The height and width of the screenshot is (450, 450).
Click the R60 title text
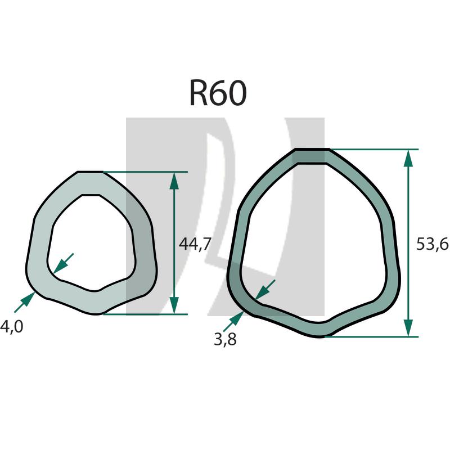pyautogui.click(x=218, y=93)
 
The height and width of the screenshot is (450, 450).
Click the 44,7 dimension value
pyautogui.click(x=195, y=244)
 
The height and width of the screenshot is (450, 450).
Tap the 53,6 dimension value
pyautogui.click(x=432, y=245)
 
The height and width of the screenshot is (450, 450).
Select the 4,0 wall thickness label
pyautogui.click(x=11, y=327)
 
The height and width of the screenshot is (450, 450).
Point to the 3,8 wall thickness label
pyautogui.click(x=225, y=340)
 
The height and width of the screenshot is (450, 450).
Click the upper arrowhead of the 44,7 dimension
pyautogui.click(x=174, y=181)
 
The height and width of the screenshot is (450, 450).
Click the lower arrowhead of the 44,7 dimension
pyautogui.click(x=174, y=305)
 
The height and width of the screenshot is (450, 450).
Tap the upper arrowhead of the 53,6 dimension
pyautogui.click(x=408, y=159)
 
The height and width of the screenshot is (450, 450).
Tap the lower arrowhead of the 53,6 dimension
pyautogui.click(x=408, y=327)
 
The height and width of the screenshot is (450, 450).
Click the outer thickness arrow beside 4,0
pyautogui.click(x=25, y=302)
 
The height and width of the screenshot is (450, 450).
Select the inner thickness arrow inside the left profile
pyautogui.click(x=64, y=263)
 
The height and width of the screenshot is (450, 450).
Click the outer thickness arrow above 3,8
pyautogui.click(x=233, y=321)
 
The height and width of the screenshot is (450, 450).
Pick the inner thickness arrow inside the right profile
pyautogui.click(x=265, y=290)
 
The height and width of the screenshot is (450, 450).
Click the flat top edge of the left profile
pyautogui.click(x=90, y=172)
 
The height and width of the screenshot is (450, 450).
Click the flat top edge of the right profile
pyautogui.click(x=313, y=149)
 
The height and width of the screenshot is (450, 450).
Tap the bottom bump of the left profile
pyautogui.click(x=96, y=313)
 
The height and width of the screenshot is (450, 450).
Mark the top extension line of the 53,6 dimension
pyautogui.click(x=374, y=149)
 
